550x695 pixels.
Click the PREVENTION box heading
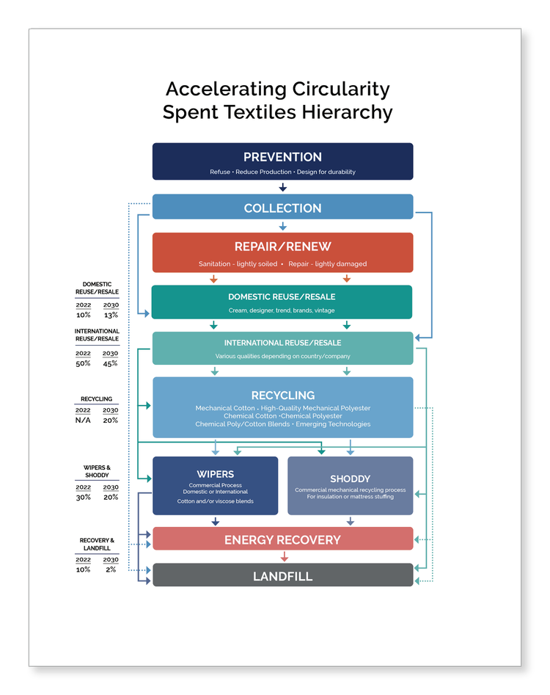[x=282, y=157]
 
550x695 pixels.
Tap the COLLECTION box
[x=282, y=208]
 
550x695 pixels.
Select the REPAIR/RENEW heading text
[x=282, y=247]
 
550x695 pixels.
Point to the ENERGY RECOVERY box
[x=282, y=539]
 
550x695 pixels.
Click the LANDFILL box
[x=282, y=576]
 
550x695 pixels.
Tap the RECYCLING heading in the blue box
[x=282, y=396]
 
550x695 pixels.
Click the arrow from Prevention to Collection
[x=282, y=188]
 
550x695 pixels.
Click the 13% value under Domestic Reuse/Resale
[x=111, y=315]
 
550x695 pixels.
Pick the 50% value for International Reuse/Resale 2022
[x=83, y=363]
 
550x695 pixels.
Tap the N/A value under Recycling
[x=83, y=421]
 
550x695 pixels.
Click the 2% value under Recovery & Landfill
[x=111, y=570]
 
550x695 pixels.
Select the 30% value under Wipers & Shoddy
[x=83, y=497]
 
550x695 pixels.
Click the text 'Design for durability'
[x=326, y=172]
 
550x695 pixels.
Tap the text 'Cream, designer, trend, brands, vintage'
[x=282, y=310]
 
